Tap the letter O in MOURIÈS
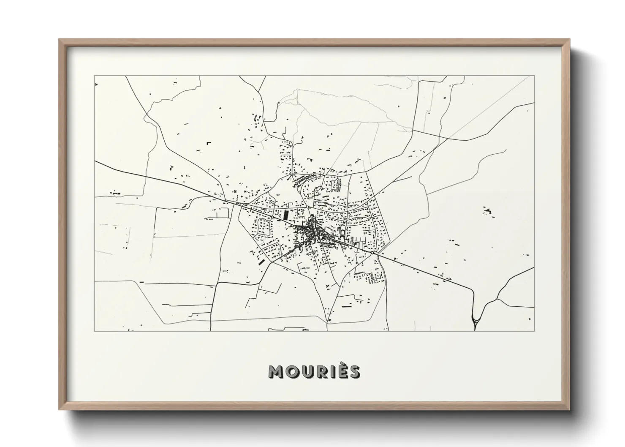[x=292, y=371]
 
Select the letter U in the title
[x=307, y=371]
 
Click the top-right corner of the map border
[x=534, y=76]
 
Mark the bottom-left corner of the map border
[x=95, y=331]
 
